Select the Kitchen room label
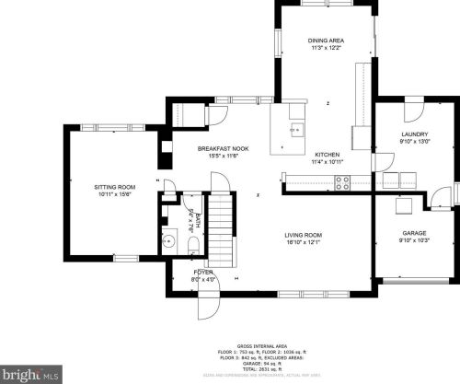[328, 154]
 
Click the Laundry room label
[414, 135]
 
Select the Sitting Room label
[115, 187]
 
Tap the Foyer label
[202, 273]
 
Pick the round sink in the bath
[168, 242]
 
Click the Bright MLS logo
[30, 375]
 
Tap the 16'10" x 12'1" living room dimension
[303, 245]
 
